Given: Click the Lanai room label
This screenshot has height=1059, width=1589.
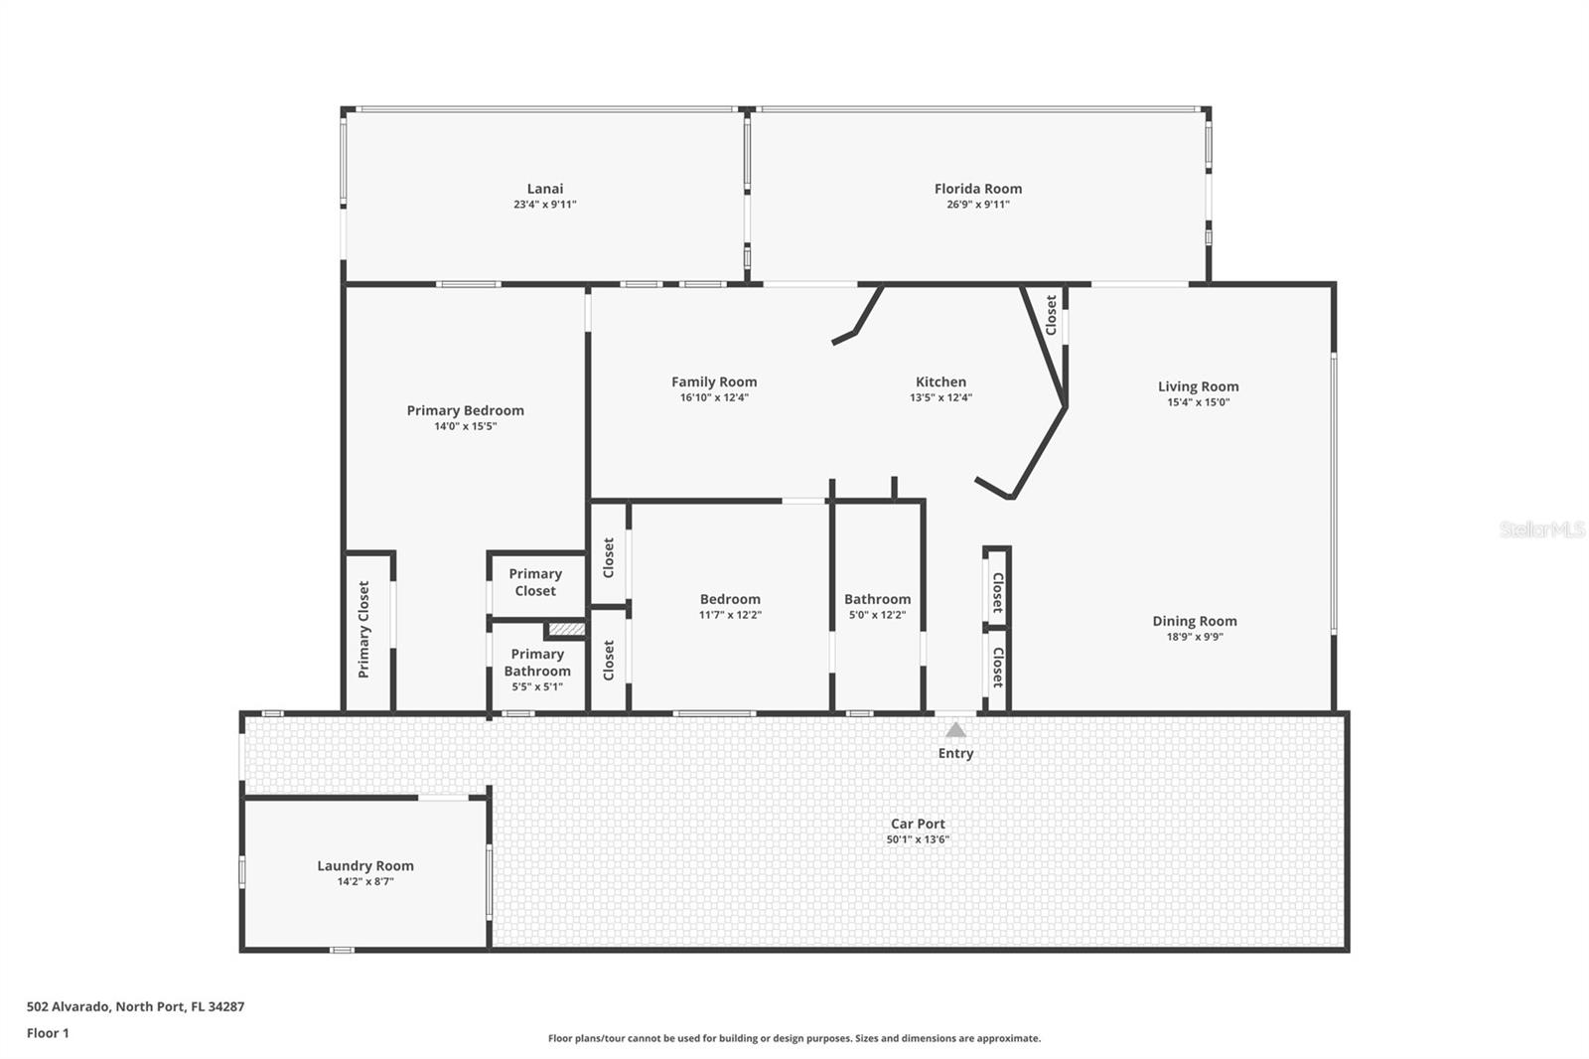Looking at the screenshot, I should tap(544, 189).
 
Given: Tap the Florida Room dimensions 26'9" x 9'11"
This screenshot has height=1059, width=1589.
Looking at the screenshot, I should tap(977, 205).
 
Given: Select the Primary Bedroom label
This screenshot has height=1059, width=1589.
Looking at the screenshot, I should tap(465, 410).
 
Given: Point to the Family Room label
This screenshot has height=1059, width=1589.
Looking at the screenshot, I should tap(713, 381).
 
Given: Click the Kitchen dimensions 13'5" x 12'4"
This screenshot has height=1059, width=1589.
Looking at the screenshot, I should tap(940, 397).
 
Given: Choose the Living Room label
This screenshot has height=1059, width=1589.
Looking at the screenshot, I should tap(1198, 386).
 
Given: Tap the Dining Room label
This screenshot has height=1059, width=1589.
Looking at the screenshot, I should tap(1194, 621).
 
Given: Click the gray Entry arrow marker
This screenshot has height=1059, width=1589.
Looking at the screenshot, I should tap(955, 730).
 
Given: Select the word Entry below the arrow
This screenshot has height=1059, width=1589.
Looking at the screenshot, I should tap(955, 753).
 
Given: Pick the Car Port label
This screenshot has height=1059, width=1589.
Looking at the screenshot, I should tap(917, 824).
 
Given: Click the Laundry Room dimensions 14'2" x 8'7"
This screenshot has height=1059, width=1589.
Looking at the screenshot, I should tap(365, 881).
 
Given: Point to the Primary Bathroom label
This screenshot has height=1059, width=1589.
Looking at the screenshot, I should tap(537, 662).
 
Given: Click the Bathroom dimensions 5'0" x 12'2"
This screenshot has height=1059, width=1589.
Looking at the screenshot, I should tap(877, 615).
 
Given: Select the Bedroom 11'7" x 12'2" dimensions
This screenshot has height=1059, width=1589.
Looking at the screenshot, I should tap(730, 615).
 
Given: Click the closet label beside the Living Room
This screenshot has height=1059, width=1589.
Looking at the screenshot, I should tap(1051, 315).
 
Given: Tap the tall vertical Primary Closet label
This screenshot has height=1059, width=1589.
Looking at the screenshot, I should tap(363, 630).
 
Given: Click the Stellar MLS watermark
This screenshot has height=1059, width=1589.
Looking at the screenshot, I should tap(1541, 529).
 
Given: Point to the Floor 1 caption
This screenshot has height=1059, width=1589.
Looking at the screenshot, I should tap(48, 1033).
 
